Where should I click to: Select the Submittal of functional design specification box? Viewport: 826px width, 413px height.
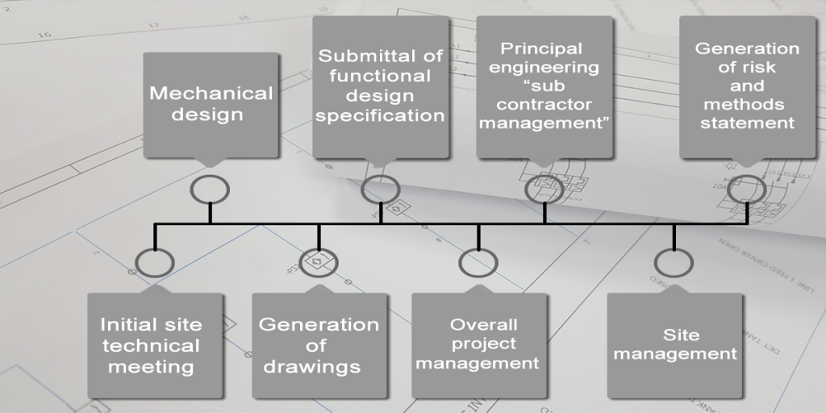pos(380,86)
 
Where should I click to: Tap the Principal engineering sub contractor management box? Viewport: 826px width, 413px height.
pos(544,86)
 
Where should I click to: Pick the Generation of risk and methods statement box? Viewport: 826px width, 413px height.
pos(747,86)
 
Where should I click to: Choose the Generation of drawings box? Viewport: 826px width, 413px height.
pos(319,345)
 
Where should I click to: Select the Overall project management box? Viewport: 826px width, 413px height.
pos(478,345)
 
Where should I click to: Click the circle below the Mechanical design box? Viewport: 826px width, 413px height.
pos(210,189)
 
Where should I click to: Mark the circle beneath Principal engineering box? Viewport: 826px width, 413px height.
pos(544,188)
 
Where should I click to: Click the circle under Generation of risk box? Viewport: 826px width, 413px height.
pos(747,188)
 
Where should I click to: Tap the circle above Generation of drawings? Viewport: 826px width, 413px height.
pos(319,262)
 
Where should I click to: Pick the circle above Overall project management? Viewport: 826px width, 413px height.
pos(478,262)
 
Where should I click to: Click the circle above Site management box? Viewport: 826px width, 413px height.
pos(674,262)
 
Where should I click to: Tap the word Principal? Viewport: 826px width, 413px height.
pos(541,49)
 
